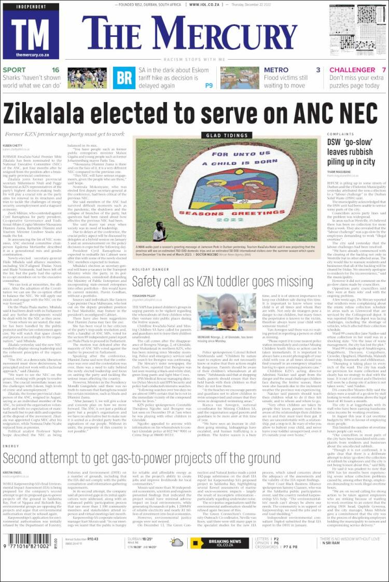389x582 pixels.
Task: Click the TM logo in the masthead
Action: pyautogui.click(x=30, y=31)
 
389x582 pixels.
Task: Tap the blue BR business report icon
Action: pyautogui.click(x=122, y=77)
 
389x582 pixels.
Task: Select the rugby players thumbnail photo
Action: pyautogui.click(x=87, y=78)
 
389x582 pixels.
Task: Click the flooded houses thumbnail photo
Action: pyautogui.click(x=240, y=78)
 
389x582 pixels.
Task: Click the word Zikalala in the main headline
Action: pyautogui.click(x=63, y=112)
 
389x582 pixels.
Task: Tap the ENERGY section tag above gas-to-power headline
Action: pyautogui.click(x=10, y=446)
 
